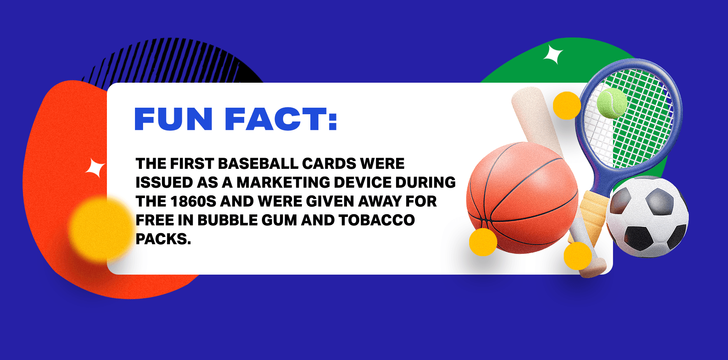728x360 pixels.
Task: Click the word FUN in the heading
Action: pos(173,119)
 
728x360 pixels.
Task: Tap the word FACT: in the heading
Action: pos(281,119)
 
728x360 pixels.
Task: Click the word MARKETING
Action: pos(283,182)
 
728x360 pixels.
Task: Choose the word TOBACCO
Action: pos(376,220)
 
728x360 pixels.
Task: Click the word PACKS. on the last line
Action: pos(163,239)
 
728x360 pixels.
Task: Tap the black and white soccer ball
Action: pos(647,217)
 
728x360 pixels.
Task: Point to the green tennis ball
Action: pos(611,103)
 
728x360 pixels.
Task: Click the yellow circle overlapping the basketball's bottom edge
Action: pos(483,242)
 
